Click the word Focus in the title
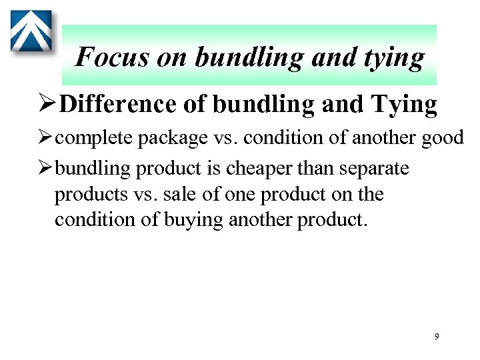coord(112,57)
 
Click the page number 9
coord(437,337)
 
